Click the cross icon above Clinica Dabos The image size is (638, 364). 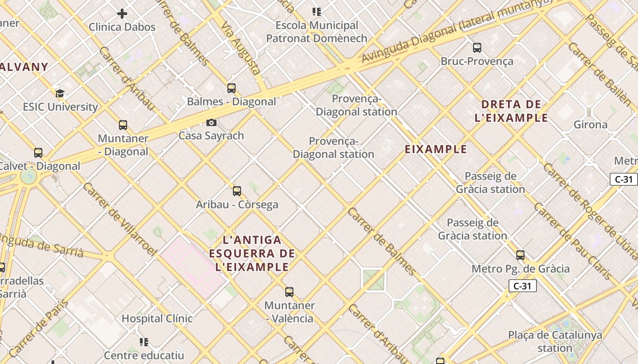pos(122,14)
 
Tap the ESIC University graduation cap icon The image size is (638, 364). pos(60,94)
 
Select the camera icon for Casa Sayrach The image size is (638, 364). pos(211,122)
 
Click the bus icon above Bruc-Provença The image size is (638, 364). pos(477,47)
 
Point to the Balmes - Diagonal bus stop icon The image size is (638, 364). pos(232,88)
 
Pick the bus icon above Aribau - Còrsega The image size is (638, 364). pos(237,191)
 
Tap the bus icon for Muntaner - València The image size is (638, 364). pos(289,292)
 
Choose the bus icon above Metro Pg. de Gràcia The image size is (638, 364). pos(520,255)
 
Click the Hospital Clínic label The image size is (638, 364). pos(157,318)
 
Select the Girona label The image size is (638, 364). pos(590,125)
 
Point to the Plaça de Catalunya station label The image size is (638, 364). pos(555,342)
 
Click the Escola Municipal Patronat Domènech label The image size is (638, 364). pos(317,32)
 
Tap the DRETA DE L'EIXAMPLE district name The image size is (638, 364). pos(511,111)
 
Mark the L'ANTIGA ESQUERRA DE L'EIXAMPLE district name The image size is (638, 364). pos(252,253)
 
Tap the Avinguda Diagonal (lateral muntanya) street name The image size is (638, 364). pos(456,32)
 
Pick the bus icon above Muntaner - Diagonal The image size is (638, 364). pos(123,125)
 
